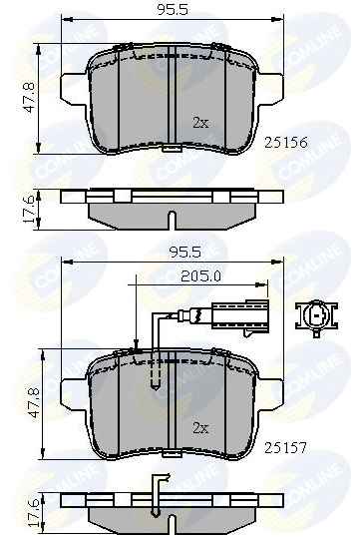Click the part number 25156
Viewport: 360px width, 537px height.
[286, 143]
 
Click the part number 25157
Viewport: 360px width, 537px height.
[286, 447]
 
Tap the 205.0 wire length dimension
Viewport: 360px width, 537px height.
[200, 276]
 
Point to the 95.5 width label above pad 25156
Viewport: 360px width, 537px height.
[173, 10]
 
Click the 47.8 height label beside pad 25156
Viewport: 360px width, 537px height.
[29, 98]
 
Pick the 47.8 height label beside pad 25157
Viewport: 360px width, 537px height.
[34, 403]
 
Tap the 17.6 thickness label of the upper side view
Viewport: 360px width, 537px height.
[29, 209]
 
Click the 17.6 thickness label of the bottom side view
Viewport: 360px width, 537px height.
[34, 514]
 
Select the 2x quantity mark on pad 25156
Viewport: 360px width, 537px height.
[200, 123]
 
